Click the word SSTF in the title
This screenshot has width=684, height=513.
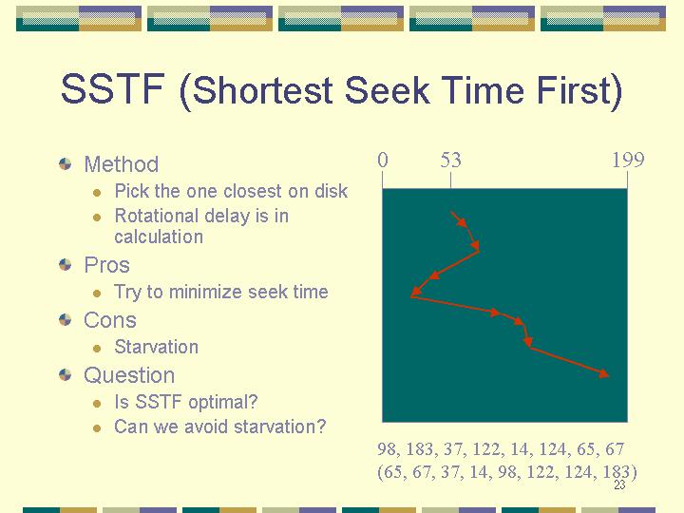(x=113, y=89)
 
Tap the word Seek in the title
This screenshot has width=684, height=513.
(x=387, y=89)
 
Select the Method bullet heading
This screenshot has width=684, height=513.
(x=122, y=164)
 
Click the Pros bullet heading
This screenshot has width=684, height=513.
(x=106, y=265)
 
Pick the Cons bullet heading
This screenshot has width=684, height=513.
(x=110, y=320)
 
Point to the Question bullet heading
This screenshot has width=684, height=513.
(x=129, y=375)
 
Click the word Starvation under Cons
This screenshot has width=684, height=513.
(x=156, y=347)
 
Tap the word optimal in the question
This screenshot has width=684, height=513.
(x=223, y=402)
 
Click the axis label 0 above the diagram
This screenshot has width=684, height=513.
(x=383, y=161)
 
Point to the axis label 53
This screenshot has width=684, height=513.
(x=450, y=161)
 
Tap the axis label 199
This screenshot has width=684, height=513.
(x=628, y=161)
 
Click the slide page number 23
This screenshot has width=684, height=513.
(x=619, y=484)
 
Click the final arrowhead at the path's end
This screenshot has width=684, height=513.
(x=604, y=374)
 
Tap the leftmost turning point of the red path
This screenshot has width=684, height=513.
(x=411, y=296)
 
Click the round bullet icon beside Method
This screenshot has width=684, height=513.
(x=65, y=164)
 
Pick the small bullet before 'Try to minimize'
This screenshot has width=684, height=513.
(x=97, y=294)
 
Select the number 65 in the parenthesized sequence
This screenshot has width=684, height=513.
(x=393, y=472)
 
